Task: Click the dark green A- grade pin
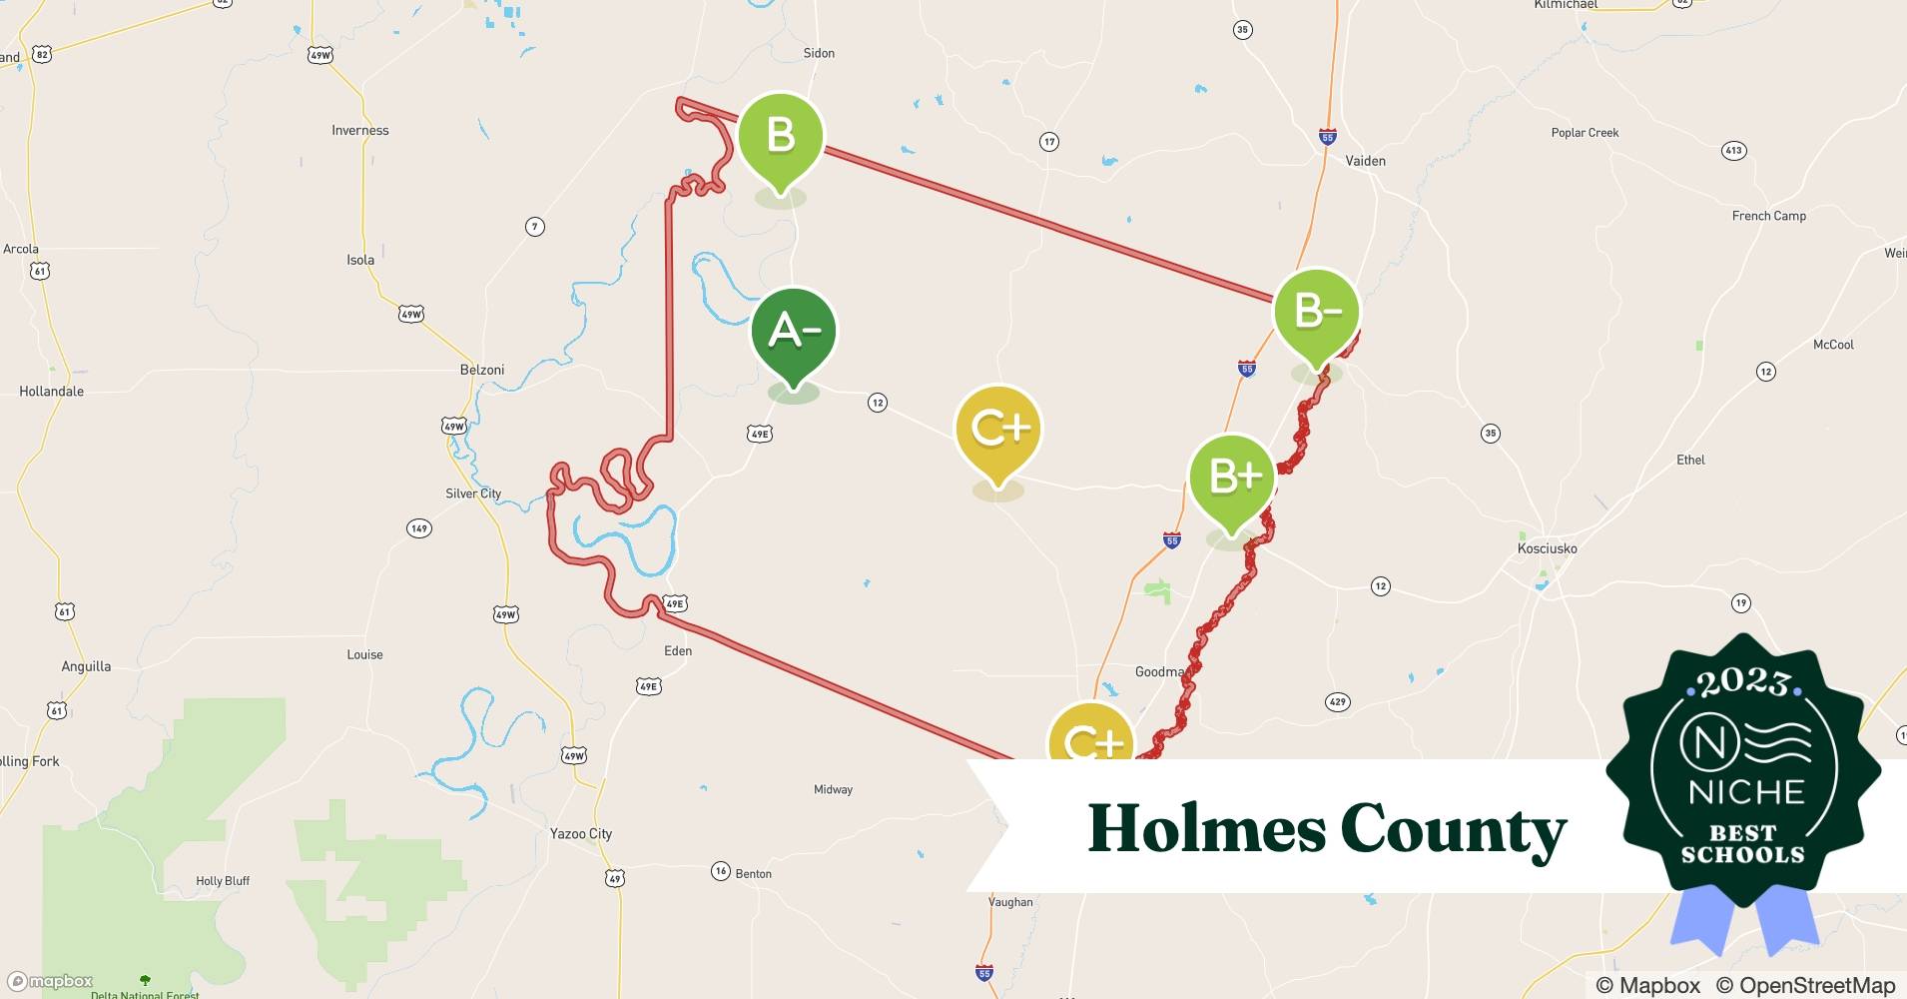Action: click(794, 331)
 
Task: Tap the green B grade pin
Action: click(781, 136)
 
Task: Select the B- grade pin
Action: click(1316, 312)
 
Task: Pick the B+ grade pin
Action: click(1232, 477)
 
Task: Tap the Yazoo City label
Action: click(581, 833)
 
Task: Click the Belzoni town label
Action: click(482, 370)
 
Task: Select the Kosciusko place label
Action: click(1547, 548)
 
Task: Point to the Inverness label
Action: click(360, 130)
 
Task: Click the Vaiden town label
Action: click(1365, 161)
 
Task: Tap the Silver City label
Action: click(473, 494)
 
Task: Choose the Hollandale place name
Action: click(52, 392)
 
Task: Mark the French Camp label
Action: click(1768, 216)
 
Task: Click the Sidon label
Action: click(819, 53)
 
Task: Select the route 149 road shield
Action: click(419, 528)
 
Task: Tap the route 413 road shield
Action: click(1733, 151)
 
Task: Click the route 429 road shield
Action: click(1337, 702)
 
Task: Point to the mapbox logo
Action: click(50, 981)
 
